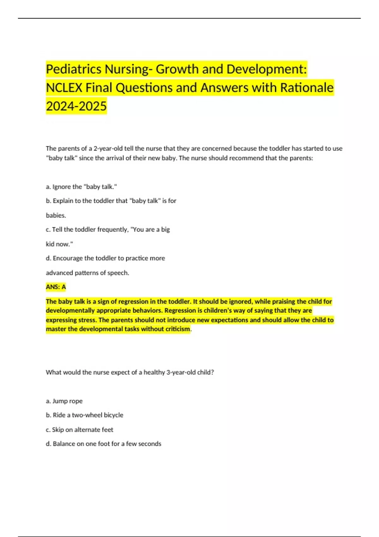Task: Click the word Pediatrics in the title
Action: coord(74,69)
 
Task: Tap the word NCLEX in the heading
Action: coord(64,87)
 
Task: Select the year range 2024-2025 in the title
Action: coord(76,106)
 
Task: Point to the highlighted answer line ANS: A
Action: coord(56,287)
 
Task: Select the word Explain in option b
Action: coord(63,201)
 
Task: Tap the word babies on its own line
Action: coord(56,215)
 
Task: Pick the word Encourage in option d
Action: coord(68,258)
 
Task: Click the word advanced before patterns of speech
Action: coord(59,273)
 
